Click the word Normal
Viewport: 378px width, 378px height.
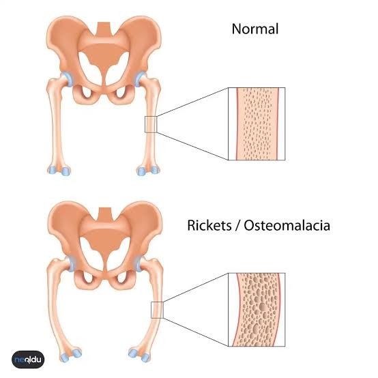coord(255,29)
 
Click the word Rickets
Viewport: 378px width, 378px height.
coord(209,225)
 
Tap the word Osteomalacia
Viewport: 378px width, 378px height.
coord(287,225)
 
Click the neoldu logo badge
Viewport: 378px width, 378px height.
coord(28,360)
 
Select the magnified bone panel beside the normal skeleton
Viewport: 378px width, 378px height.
coord(257,124)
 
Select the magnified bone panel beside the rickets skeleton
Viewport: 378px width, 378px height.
coord(257,310)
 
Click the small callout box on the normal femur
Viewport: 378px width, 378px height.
coord(151,124)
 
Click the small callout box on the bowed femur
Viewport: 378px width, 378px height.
coord(157,310)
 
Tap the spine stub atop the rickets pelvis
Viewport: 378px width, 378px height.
coord(104,214)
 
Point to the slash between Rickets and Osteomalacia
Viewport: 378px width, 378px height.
coord(237,226)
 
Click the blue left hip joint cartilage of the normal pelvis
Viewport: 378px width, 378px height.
coord(68,79)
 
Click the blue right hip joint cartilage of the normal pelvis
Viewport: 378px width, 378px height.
coord(140,79)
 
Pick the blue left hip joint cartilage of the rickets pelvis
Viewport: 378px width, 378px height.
coord(70,264)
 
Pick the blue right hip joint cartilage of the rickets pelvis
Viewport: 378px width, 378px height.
coord(140,264)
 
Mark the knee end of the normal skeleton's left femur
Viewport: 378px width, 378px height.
coord(59,170)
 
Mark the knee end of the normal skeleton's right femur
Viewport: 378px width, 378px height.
coord(148,170)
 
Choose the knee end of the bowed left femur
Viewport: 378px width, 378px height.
coord(71,355)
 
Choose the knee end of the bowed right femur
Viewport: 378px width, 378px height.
coord(140,355)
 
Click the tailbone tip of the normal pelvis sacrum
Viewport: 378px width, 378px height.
coord(104,85)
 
